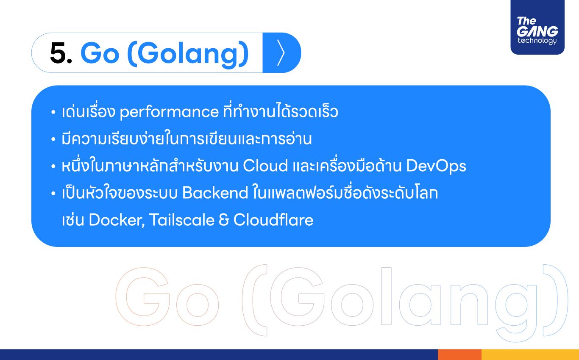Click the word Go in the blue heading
100,53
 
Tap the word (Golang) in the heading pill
188,55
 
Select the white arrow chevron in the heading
281,53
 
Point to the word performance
169,112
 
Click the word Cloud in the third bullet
265,166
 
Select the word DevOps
436,166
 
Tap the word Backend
215,193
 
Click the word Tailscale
182,220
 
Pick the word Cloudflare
273,220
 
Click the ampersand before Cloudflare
224,220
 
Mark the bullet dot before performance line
53,112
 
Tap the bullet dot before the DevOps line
53,166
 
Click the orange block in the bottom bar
459,354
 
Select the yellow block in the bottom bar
530,354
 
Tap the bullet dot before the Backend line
53,193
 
